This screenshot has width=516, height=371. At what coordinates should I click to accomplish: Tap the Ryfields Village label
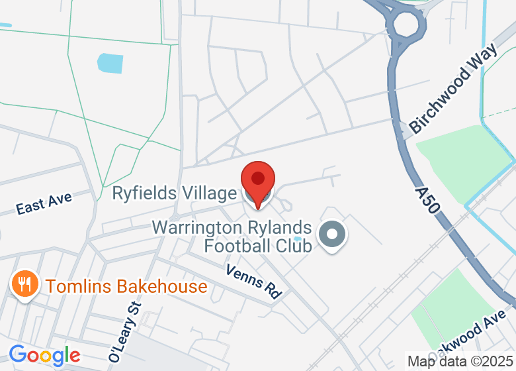(x=174, y=193)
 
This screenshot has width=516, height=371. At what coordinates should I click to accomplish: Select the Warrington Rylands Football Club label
(x=231, y=237)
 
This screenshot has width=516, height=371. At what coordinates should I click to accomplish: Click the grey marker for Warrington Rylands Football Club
(x=332, y=235)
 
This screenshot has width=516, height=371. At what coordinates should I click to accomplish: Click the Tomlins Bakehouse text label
(x=126, y=287)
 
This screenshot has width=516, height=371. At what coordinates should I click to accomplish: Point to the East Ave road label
(x=44, y=203)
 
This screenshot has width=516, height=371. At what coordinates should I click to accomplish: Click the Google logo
(x=44, y=356)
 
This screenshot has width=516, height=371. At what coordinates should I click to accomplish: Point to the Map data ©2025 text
(x=460, y=362)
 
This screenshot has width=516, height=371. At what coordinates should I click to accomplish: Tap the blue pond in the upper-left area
(x=110, y=63)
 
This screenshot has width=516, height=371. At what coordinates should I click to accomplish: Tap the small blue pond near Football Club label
(x=298, y=238)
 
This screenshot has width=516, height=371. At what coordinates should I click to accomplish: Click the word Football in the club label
(x=238, y=246)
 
